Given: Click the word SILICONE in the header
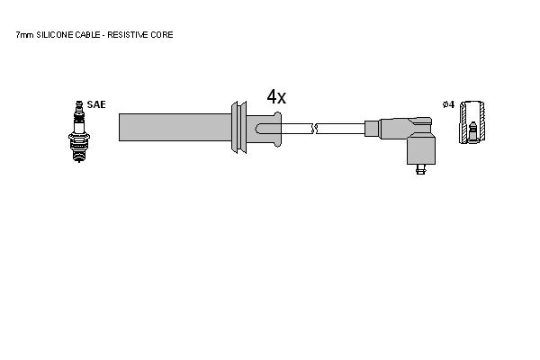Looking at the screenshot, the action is tap(55, 35).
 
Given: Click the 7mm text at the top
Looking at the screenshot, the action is tap(25, 35).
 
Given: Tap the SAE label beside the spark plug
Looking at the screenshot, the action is tap(96, 104).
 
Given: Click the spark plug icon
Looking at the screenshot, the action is tap(79, 131).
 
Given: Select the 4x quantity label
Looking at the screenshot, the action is tap(276, 97).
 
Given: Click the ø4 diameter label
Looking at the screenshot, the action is tap(448, 104).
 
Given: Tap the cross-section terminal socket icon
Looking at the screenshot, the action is tap(472, 122).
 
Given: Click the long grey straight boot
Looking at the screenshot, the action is tap(175, 127).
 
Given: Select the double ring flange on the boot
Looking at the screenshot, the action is tap(239, 127).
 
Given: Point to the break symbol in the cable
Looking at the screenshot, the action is tap(314, 129).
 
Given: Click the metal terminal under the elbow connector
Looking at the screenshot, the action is tap(420, 169).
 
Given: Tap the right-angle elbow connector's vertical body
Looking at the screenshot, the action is tap(421, 150).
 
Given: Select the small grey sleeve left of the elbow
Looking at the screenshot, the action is tap(372, 129).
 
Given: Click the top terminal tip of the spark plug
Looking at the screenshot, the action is tap(79, 103).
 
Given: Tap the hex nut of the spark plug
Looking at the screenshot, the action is tap(79, 137).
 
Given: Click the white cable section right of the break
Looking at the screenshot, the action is tap(340, 129).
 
